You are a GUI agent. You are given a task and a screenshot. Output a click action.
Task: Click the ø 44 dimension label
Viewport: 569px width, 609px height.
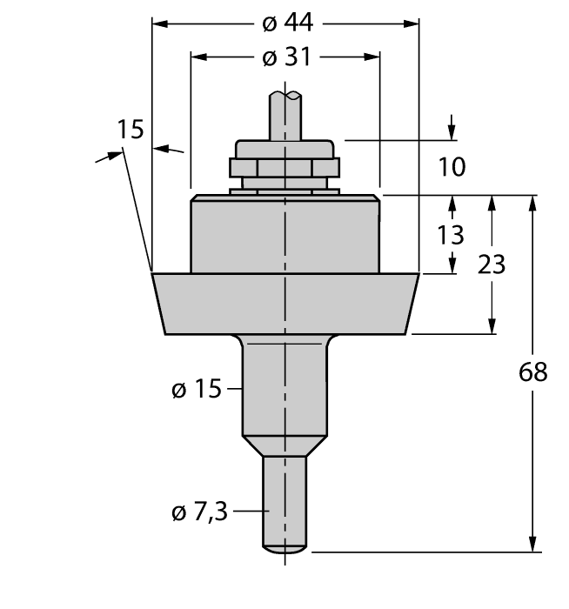[x=285, y=23]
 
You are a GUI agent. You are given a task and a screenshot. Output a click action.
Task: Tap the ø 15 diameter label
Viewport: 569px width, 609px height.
[x=197, y=390]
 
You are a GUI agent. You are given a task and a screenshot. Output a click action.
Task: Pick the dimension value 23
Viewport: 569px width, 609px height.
[x=492, y=264]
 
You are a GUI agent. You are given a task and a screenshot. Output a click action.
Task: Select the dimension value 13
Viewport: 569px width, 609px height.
[x=452, y=235]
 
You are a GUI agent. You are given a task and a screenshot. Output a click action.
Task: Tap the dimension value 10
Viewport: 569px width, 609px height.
[x=452, y=166]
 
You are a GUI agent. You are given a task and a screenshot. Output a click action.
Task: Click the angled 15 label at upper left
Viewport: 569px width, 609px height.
[x=131, y=130]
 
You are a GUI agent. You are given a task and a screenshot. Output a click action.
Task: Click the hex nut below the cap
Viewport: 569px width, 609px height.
[x=284, y=168]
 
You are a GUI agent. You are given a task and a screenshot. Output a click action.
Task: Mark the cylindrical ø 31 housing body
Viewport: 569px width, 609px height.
[x=284, y=235]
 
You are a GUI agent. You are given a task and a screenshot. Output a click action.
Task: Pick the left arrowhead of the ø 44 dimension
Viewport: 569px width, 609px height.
[x=159, y=23]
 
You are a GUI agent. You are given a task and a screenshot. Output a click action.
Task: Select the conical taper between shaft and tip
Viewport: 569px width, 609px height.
[x=284, y=445]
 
